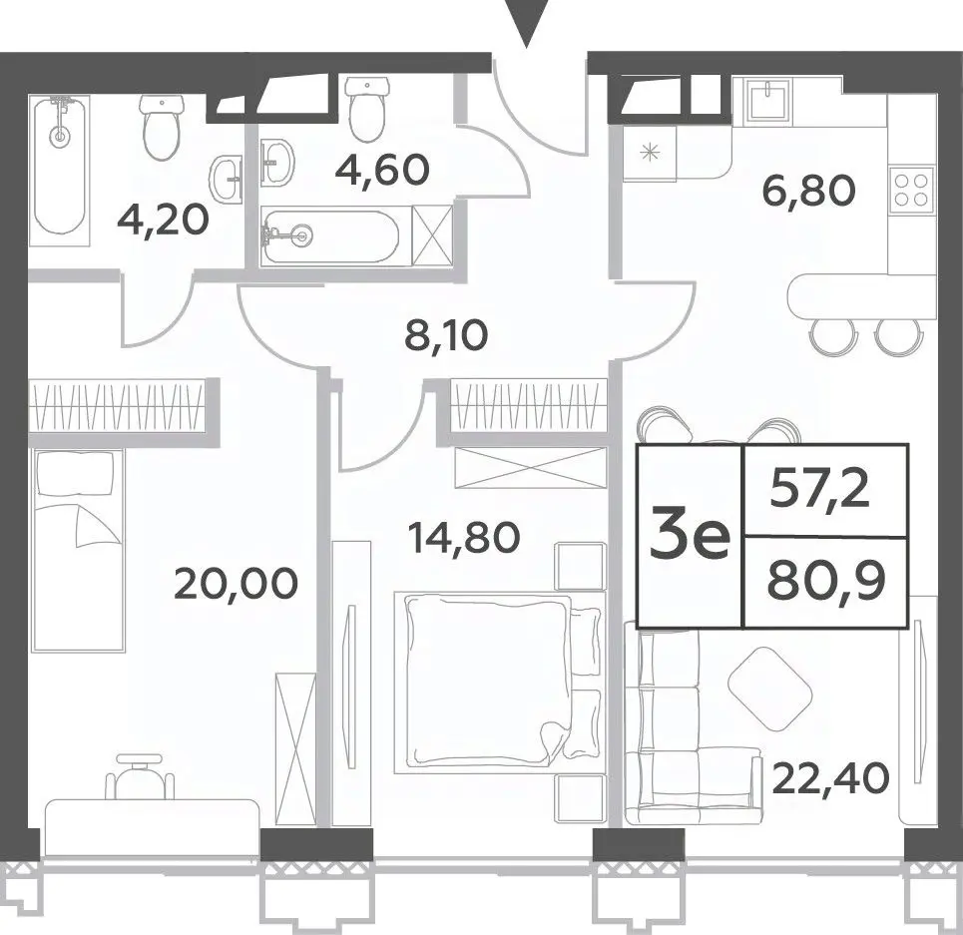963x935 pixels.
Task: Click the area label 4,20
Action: tap(164, 221)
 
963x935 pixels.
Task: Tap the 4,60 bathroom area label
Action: tap(381, 170)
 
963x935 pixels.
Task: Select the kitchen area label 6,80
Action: tap(807, 190)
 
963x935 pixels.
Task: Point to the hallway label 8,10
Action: tap(446, 335)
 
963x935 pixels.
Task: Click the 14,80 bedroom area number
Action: tap(464, 537)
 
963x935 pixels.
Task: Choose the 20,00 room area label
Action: tap(237, 583)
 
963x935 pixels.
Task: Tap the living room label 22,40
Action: tap(830, 778)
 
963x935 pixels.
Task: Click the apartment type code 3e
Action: tap(690, 537)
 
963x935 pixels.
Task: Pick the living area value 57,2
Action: tap(820, 489)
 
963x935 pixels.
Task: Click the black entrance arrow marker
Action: tap(525, 23)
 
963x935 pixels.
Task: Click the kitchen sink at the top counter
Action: tap(767, 101)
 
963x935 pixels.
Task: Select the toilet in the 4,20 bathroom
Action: tap(162, 127)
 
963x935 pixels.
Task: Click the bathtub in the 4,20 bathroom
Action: tap(59, 164)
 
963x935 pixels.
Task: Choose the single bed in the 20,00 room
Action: tap(78, 551)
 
